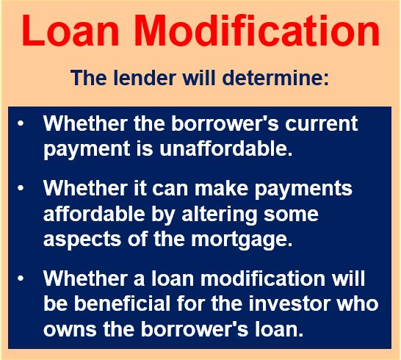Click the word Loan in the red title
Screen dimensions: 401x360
71,30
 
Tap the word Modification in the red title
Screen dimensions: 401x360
259,30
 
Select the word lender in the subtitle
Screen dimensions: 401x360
145,78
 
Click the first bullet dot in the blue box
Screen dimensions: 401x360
21,124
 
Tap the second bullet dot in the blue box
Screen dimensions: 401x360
21,188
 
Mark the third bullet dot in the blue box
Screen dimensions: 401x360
21,278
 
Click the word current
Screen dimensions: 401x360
322,124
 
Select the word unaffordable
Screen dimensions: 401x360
226,148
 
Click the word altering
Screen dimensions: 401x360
220,215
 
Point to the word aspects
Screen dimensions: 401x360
82,240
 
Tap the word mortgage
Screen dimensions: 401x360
242,240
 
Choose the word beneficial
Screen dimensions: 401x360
122,304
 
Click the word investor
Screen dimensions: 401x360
289,304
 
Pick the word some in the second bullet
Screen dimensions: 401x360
292,215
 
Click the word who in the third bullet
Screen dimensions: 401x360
357,304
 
